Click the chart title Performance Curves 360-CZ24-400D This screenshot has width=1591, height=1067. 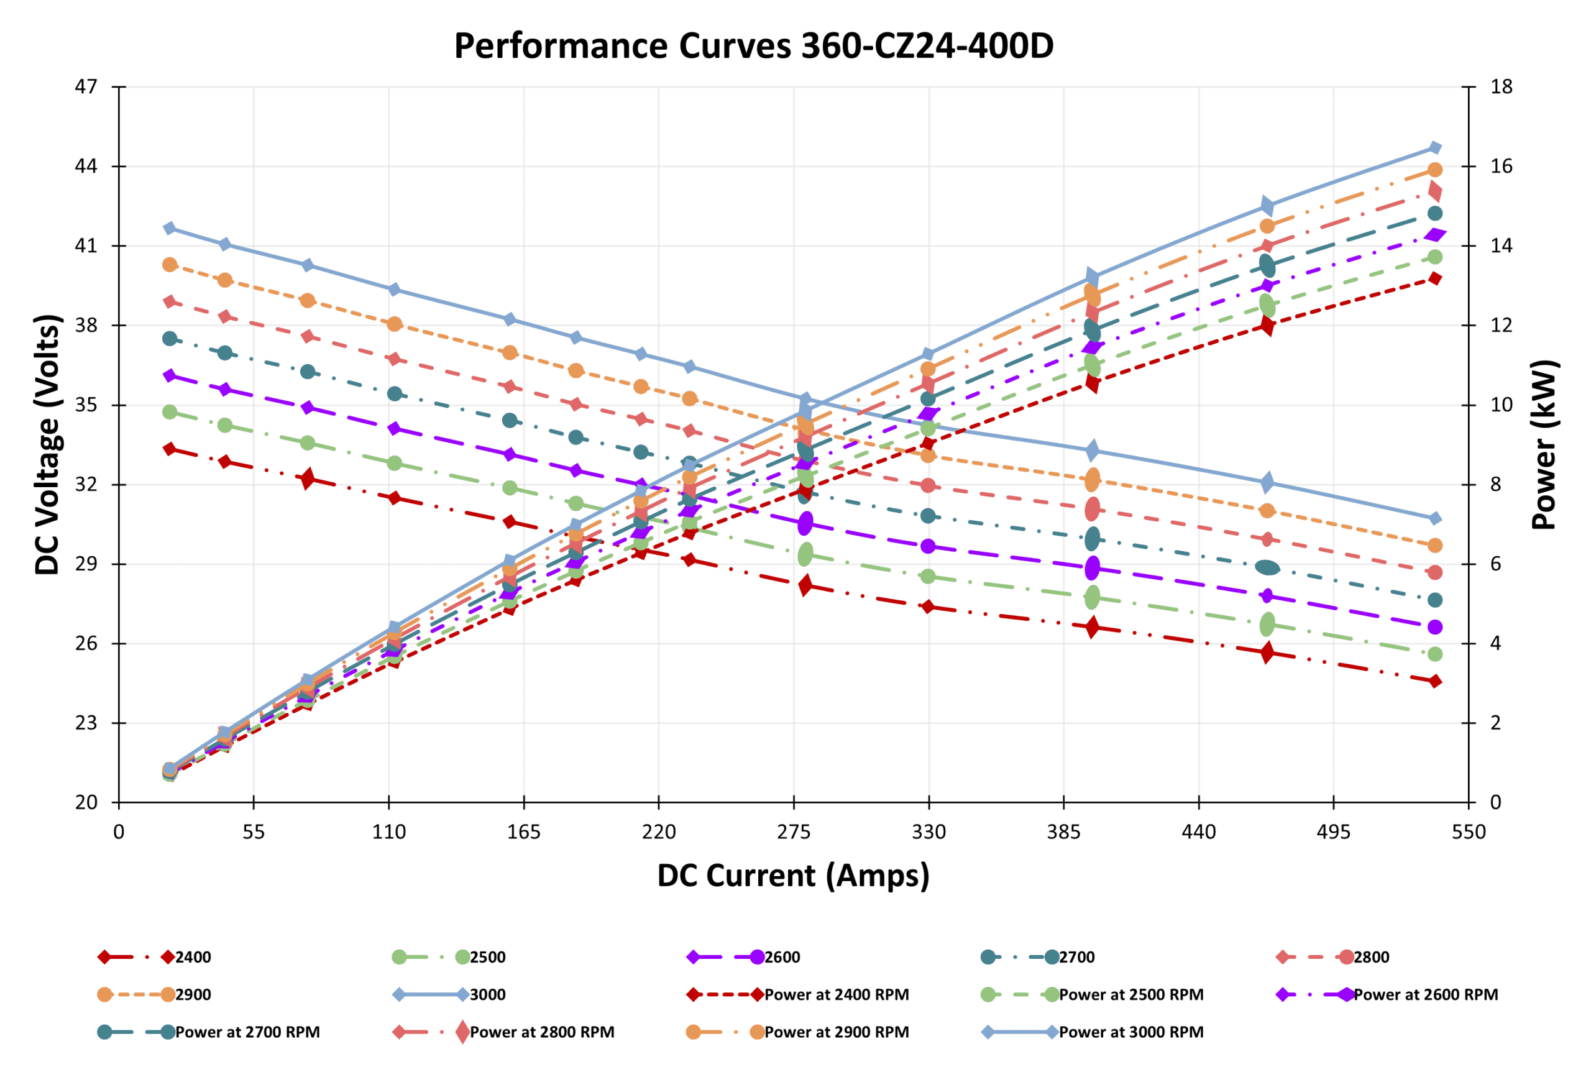(753, 46)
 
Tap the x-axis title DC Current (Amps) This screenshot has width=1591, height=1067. (793, 876)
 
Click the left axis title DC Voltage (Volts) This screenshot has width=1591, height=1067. (48, 444)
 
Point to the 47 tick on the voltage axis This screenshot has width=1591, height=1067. (86, 87)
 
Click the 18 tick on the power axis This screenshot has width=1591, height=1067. (1501, 87)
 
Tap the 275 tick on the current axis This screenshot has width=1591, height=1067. (794, 832)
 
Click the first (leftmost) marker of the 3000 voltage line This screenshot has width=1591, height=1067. (170, 229)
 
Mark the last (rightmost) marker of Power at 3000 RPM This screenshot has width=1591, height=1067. (1435, 149)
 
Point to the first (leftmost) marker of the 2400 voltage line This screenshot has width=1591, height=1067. (170, 449)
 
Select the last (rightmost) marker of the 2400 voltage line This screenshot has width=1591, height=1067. (1435, 681)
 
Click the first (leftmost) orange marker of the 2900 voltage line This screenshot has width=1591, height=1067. (170, 265)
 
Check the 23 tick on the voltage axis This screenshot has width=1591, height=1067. (86, 723)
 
